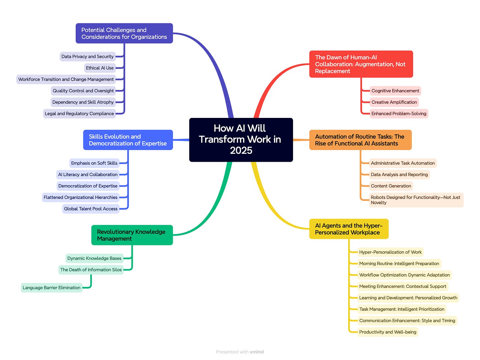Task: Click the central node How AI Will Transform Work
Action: click(x=241, y=139)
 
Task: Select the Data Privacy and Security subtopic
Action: click(x=87, y=57)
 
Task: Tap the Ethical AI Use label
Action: click(x=100, y=68)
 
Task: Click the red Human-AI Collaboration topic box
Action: click(x=361, y=64)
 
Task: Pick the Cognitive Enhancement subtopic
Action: click(x=395, y=91)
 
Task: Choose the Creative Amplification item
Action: click(x=394, y=102)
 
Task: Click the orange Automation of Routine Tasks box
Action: click(x=360, y=140)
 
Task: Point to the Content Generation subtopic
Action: click(x=391, y=186)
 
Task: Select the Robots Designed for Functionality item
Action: click(x=415, y=200)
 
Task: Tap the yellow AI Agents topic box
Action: click(x=348, y=229)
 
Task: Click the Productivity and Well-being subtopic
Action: click(x=387, y=332)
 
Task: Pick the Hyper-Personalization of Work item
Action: click(x=390, y=252)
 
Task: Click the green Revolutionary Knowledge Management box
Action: click(x=132, y=235)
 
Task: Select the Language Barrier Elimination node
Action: click(x=51, y=288)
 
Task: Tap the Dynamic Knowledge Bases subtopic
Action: click(x=94, y=259)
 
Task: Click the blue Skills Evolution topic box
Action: click(x=128, y=140)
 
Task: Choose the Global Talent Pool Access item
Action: click(x=91, y=209)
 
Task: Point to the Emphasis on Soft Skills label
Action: click(x=94, y=163)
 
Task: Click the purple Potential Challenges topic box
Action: click(x=124, y=33)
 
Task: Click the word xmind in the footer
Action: click(x=256, y=352)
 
